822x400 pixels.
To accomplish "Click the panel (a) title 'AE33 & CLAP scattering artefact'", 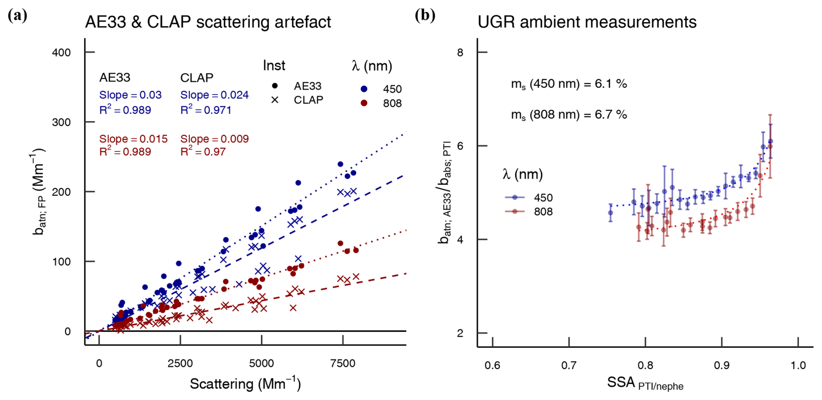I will click(x=208, y=22).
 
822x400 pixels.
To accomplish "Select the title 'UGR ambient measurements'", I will click(x=587, y=22).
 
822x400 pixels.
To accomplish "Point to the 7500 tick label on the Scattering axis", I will click(x=342, y=364).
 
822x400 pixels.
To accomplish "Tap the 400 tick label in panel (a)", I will click(x=61, y=52).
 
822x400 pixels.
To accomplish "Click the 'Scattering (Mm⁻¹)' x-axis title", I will click(x=245, y=384).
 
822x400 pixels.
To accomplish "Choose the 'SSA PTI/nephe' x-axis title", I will click(x=645, y=383).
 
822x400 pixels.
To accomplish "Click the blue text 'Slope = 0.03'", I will click(x=130, y=95).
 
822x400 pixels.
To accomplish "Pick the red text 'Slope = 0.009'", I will click(x=215, y=139).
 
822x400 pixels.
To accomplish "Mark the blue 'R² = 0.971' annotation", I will click(x=206, y=110).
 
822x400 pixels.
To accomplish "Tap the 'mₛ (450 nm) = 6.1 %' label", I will click(x=569, y=84).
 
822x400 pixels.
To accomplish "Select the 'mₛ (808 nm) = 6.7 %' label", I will click(x=569, y=115).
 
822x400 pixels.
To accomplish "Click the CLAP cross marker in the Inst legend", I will click(x=275, y=100).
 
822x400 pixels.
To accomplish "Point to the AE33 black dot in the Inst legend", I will click(x=275, y=86).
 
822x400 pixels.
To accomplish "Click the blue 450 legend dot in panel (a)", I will click(x=364, y=89).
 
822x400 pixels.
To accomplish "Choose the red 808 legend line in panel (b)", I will click(x=515, y=212).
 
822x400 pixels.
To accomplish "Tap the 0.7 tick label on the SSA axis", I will click(x=569, y=365).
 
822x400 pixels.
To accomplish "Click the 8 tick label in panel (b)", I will click(x=460, y=52).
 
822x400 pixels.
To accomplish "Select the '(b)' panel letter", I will click(x=425, y=16).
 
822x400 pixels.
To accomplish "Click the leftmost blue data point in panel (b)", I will click(x=610, y=213).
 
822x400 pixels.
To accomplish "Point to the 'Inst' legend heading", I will click(x=274, y=66).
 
